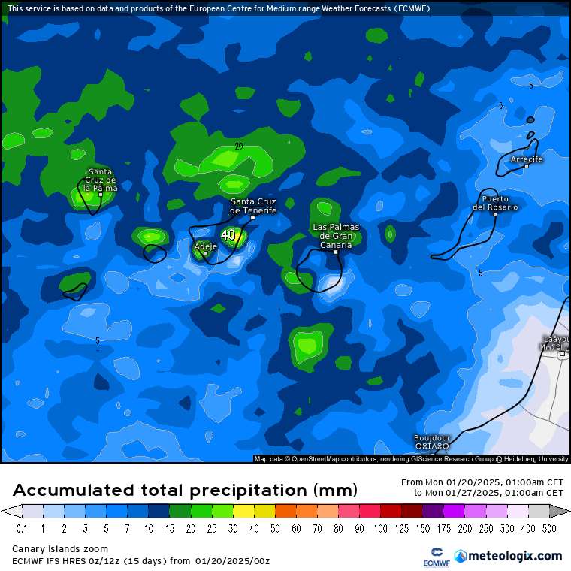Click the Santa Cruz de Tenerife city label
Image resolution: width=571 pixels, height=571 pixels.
(x=253, y=206)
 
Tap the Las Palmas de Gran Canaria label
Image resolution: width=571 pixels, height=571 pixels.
(x=336, y=236)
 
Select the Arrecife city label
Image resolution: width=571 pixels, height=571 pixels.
(x=526, y=159)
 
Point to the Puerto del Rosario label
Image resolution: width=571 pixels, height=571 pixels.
(x=495, y=203)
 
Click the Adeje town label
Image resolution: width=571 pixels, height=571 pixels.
(x=205, y=246)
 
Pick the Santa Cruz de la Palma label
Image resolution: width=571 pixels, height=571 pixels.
(x=100, y=180)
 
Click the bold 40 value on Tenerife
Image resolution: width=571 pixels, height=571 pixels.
(x=228, y=234)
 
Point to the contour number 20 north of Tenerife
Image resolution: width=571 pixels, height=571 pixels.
(x=239, y=146)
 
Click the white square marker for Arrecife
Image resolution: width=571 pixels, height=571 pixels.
(x=527, y=166)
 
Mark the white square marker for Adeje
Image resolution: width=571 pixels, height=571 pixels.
(x=205, y=253)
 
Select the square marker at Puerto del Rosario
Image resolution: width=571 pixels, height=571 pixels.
(x=495, y=214)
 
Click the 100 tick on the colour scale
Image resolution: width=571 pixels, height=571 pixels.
(x=381, y=529)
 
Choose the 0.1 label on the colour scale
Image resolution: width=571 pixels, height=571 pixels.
(x=22, y=529)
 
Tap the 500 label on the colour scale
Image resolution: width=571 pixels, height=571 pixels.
(x=550, y=529)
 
